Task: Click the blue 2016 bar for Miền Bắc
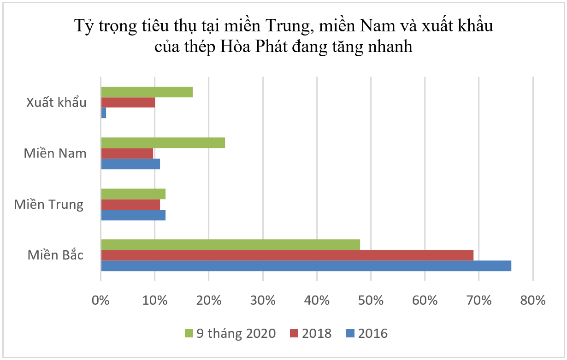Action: (x=306, y=266)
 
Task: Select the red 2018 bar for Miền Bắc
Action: (x=287, y=255)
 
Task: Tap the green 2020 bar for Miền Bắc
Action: (x=230, y=245)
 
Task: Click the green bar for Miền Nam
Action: (x=163, y=143)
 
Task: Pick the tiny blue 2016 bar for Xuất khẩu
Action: (x=104, y=113)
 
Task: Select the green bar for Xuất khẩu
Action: (x=147, y=92)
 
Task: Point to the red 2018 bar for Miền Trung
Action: (x=130, y=204)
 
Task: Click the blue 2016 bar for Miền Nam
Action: (x=130, y=164)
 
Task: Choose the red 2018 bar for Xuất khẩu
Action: (x=128, y=102)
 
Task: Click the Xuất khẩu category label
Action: (x=56, y=102)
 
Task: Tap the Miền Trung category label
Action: (x=49, y=204)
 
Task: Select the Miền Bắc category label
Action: (x=55, y=255)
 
